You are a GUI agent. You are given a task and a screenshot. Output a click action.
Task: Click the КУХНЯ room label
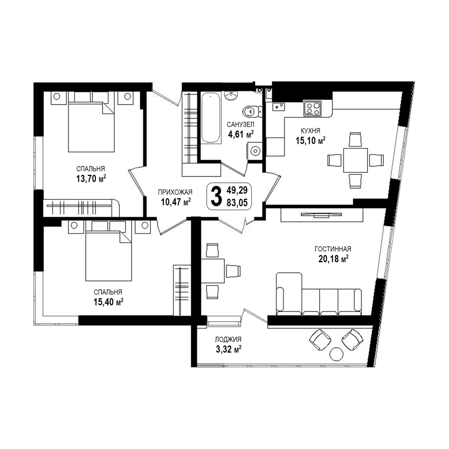click(x=311, y=131)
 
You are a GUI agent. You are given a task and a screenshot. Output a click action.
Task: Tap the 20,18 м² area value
click(x=333, y=259)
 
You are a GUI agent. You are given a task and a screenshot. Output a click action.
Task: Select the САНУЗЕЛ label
click(x=240, y=125)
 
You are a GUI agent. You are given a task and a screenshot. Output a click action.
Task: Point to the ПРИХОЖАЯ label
click(x=175, y=192)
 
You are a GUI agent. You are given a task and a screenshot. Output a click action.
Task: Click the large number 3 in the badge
click(x=216, y=196)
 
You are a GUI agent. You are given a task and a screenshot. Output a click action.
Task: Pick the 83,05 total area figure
click(x=237, y=203)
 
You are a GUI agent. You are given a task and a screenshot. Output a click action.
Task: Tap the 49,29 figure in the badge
click(x=237, y=190)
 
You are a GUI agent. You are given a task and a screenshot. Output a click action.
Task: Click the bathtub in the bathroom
click(x=211, y=118)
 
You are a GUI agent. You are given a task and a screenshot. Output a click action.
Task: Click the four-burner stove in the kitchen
click(x=313, y=109)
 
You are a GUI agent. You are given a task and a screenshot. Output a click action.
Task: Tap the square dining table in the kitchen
click(x=355, y=160)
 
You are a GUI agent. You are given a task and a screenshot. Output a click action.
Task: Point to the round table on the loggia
click(x=336, y=354)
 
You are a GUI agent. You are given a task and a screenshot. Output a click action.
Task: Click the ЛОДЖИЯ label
click(x=228, y=340)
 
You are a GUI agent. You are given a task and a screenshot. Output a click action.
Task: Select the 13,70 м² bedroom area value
click(x=91, y=179)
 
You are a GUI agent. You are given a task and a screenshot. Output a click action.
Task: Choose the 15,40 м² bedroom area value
click(x=108, y=302)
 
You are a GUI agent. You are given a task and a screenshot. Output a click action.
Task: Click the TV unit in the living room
click(x=322, y=215)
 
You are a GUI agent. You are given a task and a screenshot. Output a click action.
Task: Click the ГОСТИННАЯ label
click(x=333, y=249)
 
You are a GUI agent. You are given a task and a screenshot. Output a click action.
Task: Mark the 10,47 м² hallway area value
click(x=176, y=202)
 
